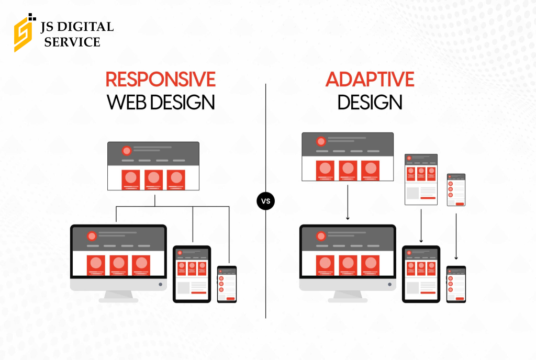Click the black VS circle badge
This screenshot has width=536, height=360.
[x=265, y=201]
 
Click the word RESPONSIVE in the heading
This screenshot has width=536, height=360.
[x=160, y=79]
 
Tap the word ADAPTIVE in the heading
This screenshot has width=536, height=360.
[x=370, y=79]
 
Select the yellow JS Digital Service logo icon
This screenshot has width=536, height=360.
[x=25, y=33]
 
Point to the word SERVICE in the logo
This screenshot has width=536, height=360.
[x=72, y=42]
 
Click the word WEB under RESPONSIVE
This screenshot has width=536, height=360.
[x=127, y=102]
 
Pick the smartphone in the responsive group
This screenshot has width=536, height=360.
[x=227, y=284]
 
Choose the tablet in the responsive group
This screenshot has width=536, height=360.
[x=192, y=274]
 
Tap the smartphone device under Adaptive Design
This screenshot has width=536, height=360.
[x=456, y=284]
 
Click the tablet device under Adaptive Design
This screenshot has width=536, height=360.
[x=421, y=274]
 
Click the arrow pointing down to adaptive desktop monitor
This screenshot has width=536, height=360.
[x=348, y=203]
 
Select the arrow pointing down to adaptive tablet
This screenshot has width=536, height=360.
[x=421, y=226]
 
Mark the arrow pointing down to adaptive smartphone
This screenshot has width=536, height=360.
[x=456, y=237]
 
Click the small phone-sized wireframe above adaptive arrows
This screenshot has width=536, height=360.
[x=456, y=190]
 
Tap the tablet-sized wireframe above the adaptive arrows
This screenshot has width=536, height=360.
[x=421, y=179]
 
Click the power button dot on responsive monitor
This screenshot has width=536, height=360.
[x=160, y=284]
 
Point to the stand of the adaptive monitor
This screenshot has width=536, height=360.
[x=348, y=297]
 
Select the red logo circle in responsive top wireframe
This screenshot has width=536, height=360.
[x=127, y=151]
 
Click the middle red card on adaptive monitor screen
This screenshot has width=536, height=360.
[x=348, y=265]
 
